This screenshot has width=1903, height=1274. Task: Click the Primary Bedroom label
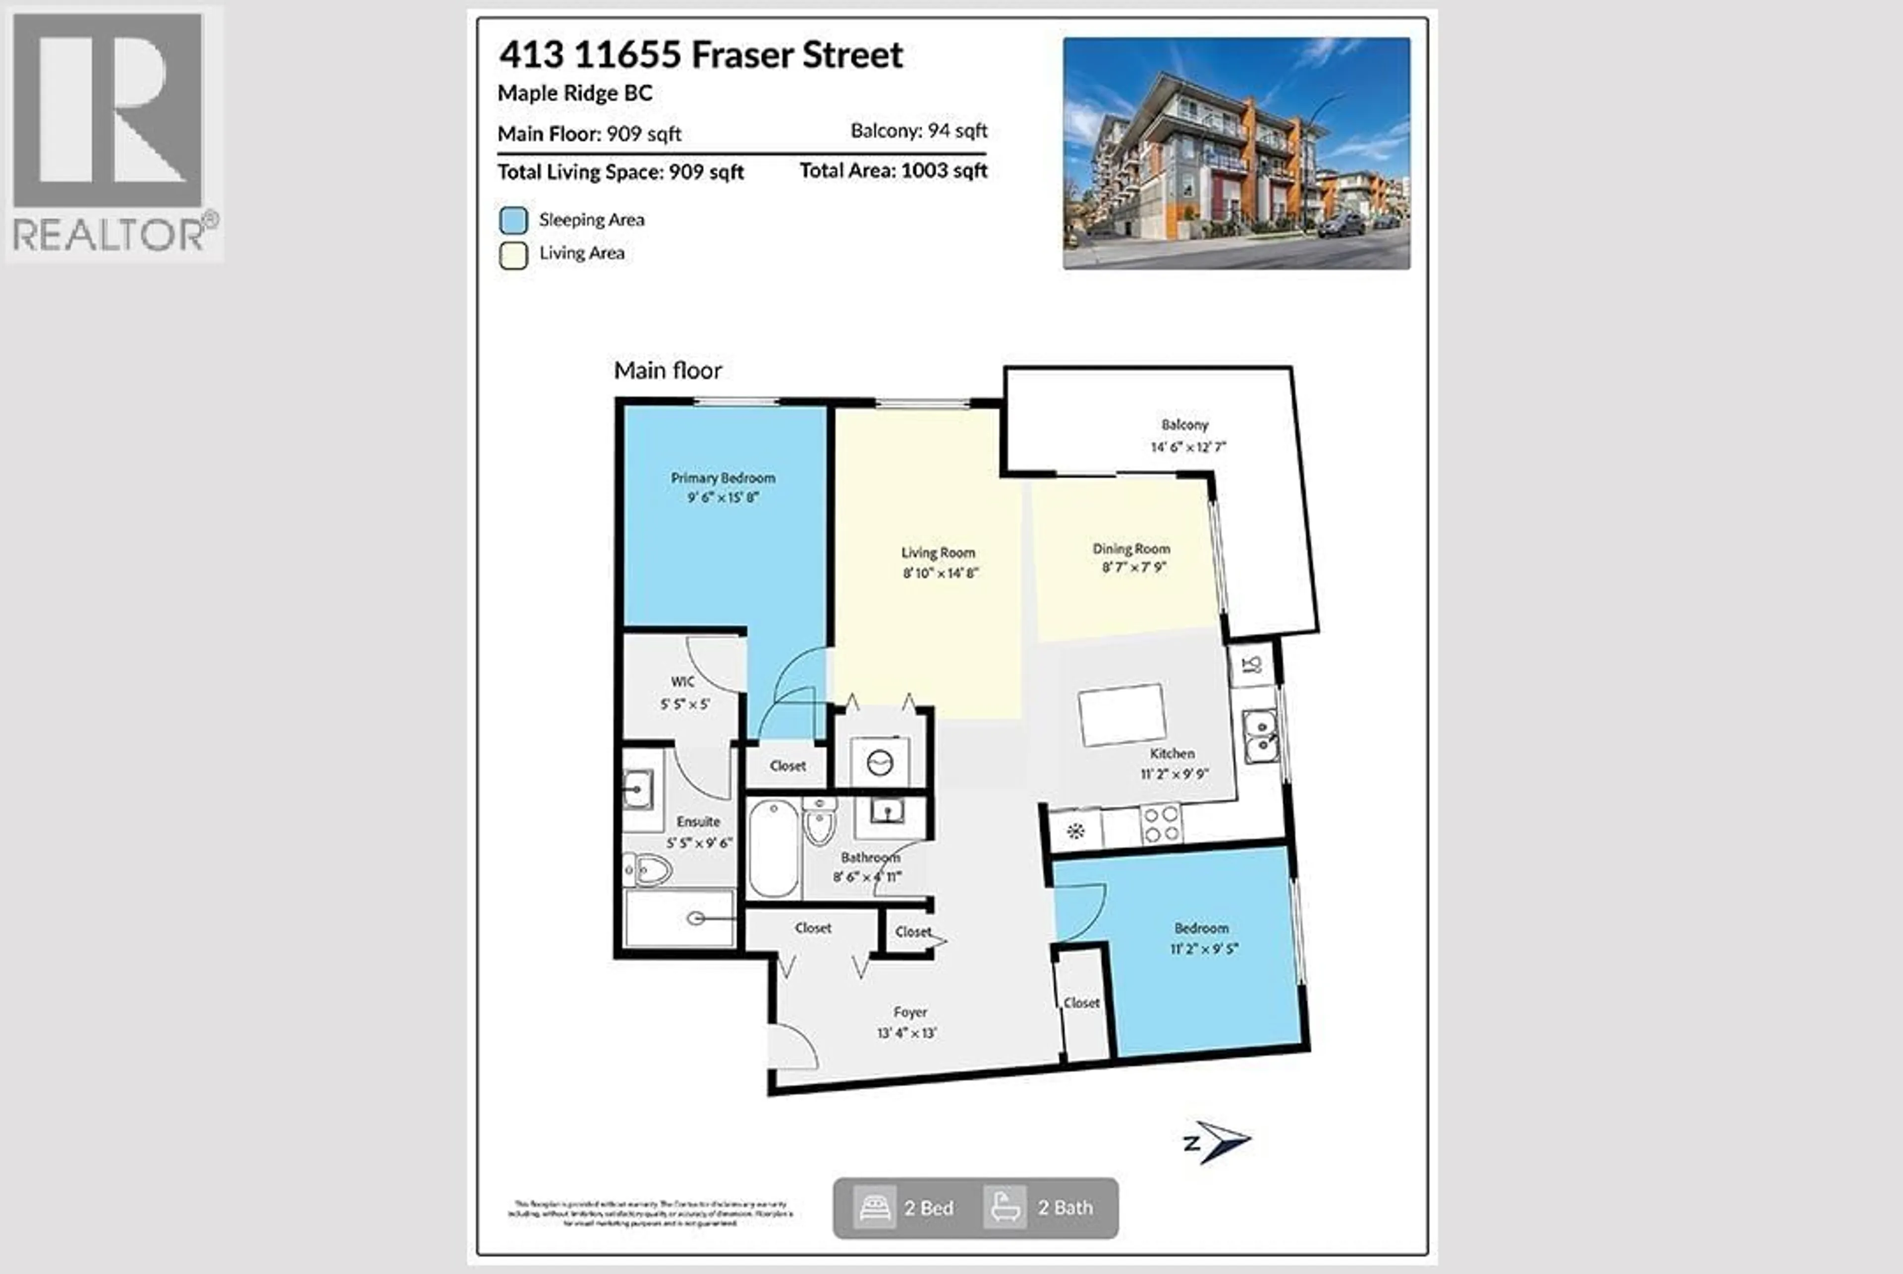(723, 478)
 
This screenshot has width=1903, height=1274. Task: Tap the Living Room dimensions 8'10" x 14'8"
(940, 573)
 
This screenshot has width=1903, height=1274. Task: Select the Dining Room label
(1131, 549)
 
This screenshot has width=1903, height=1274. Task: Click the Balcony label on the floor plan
(1184, 424)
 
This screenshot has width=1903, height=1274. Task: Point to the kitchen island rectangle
(1122, 714)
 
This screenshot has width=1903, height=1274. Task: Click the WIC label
(682, 681)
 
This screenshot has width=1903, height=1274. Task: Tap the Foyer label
(909, 1012)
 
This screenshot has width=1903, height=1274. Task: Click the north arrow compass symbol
(1219, 1142)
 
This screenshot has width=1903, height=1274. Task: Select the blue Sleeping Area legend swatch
(513, 220)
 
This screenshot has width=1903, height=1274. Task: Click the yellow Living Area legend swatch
(513, 255)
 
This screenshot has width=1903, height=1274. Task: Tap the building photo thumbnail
(1236, 153)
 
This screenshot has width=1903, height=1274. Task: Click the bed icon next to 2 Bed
(874, 1208)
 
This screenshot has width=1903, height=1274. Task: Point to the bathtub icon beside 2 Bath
(1005, 1208)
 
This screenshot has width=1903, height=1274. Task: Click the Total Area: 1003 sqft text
(893, 170)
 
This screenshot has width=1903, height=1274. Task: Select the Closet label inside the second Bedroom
(1081, 1002)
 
